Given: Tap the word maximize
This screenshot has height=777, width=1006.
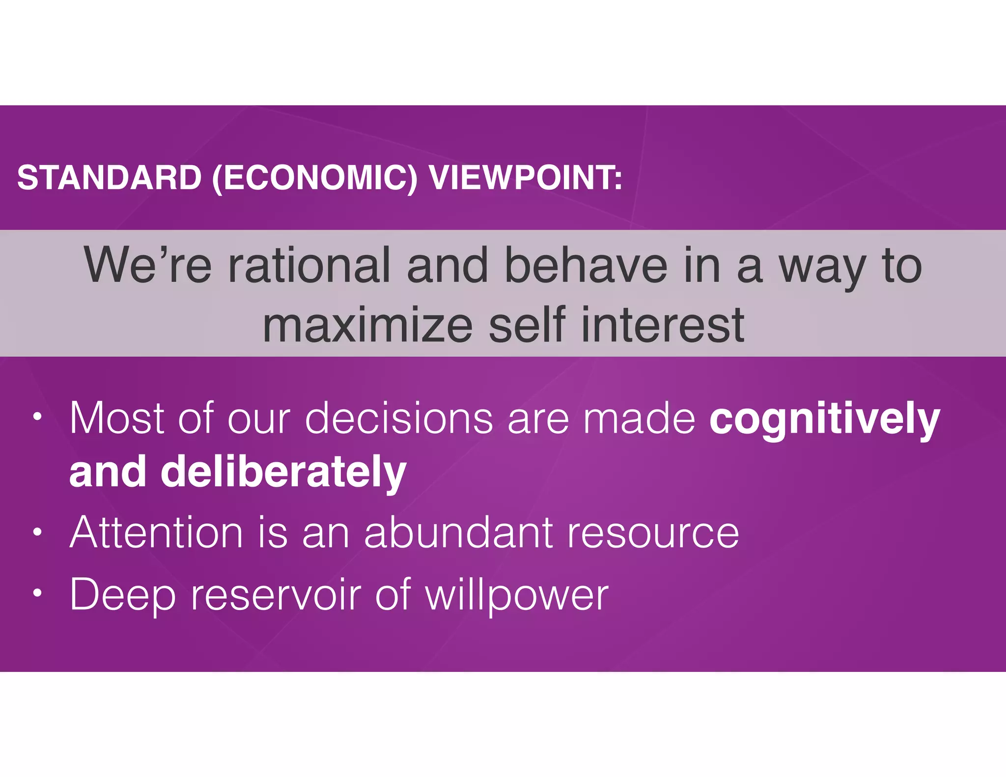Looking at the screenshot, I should pos(367,325).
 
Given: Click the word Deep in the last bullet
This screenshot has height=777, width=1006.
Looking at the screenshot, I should pos(123,595).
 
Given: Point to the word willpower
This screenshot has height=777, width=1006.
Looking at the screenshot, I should pos(516,595).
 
